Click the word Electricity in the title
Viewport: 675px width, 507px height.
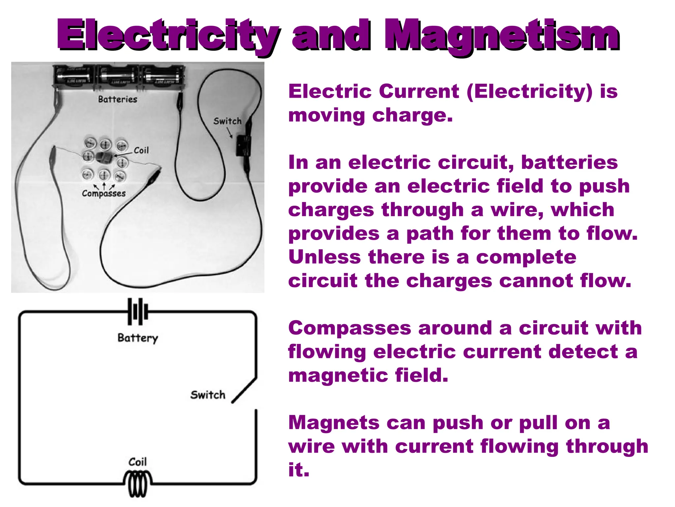pyautogui.click(x=168, y=36)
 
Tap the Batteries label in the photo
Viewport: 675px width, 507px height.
pyautogui.click(x=118, y=99)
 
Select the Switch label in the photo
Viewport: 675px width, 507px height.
pyautogui.click(x=227, y=121)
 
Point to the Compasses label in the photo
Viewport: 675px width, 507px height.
pyautogui.click(x=104, y=193)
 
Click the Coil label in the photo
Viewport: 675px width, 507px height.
pyautogui.click(x=141, y=151)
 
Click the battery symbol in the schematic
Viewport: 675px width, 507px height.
pyautogui.click(x=138, y=312)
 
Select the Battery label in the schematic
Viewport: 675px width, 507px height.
pyautogui.click(x=138, y=338)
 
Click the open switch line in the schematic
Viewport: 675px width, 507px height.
pyautogui.click(x=244, y=390)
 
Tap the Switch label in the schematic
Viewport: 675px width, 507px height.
pyautogui.click(x=208, y=395)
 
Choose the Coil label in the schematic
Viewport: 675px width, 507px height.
pyautogui.click(x=137, y=462)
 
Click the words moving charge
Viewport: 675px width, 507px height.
pyautogui.click(x=370, y=116)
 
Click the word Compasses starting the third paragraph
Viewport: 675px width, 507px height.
pyautogui.click(x=349, y=328)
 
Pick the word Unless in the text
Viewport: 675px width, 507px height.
pyautogui.click(x=324, y=257)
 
